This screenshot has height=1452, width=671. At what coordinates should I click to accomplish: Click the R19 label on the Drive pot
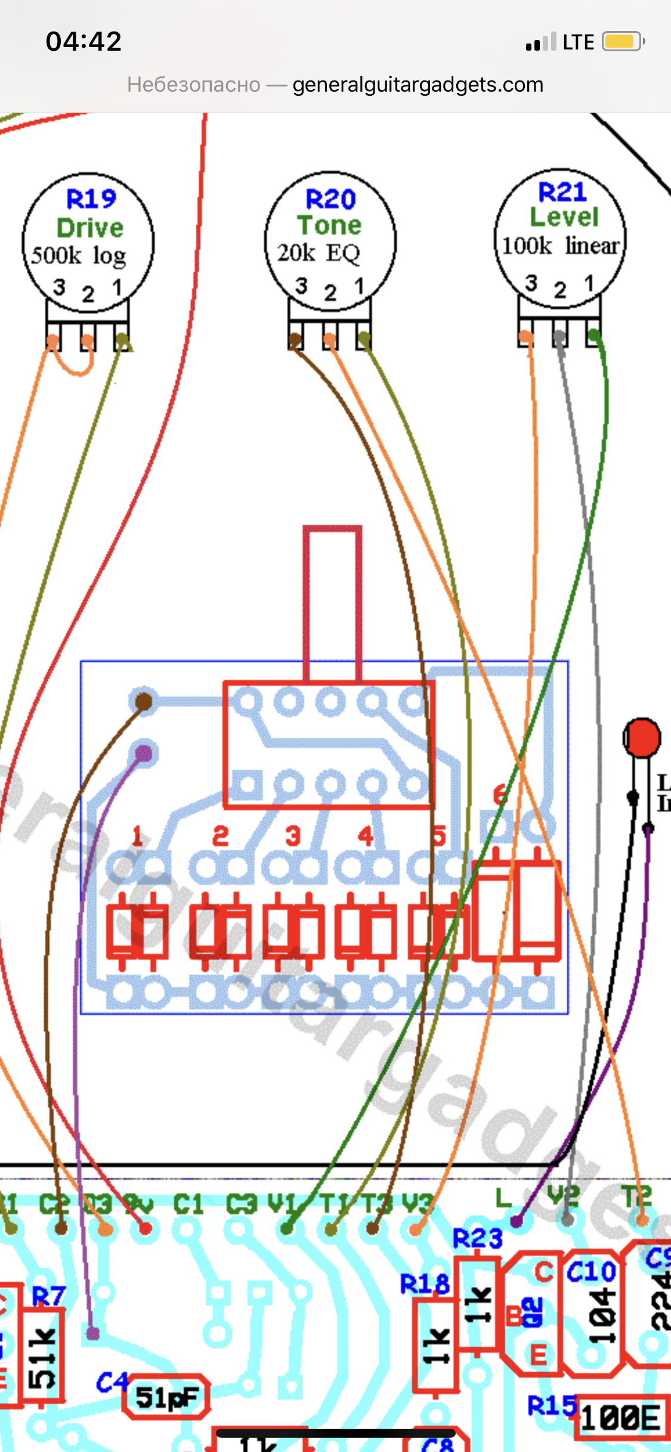click(x=91, y=198)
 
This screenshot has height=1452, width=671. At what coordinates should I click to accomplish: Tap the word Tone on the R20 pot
click(x=330, y=225)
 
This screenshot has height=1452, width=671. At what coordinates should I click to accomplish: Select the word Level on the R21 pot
click(x=564, y=217)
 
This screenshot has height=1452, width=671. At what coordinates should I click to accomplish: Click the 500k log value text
click(x=79, y=255)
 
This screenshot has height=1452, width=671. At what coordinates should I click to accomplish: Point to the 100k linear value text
click(x=561, y=245)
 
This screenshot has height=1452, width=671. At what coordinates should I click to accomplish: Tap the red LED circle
click(x=642, y=738)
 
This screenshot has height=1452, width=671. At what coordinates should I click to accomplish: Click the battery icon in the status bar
click(x=623, y=42)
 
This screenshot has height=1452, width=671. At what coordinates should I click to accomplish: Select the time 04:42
click(x=84, y=42)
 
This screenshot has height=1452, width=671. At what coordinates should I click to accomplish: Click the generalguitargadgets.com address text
click(x=418, y=85)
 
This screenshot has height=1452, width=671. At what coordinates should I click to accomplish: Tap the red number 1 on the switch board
click(x=137, y=836)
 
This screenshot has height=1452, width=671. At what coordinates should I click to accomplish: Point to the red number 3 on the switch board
click(x=292, y=836)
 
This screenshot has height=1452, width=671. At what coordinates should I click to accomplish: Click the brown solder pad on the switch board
click(x=144, y=702)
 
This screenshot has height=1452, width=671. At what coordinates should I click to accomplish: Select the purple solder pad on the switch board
click(x=144, y=753)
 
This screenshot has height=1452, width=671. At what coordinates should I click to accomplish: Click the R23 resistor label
click(x=477, y=1239)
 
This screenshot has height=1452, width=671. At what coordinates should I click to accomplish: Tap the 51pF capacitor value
click(x=166, y=1397)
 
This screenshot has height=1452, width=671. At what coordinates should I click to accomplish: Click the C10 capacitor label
click(x=590, y=1272)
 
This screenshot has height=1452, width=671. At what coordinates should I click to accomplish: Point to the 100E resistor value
click(x=621, y=1417)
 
